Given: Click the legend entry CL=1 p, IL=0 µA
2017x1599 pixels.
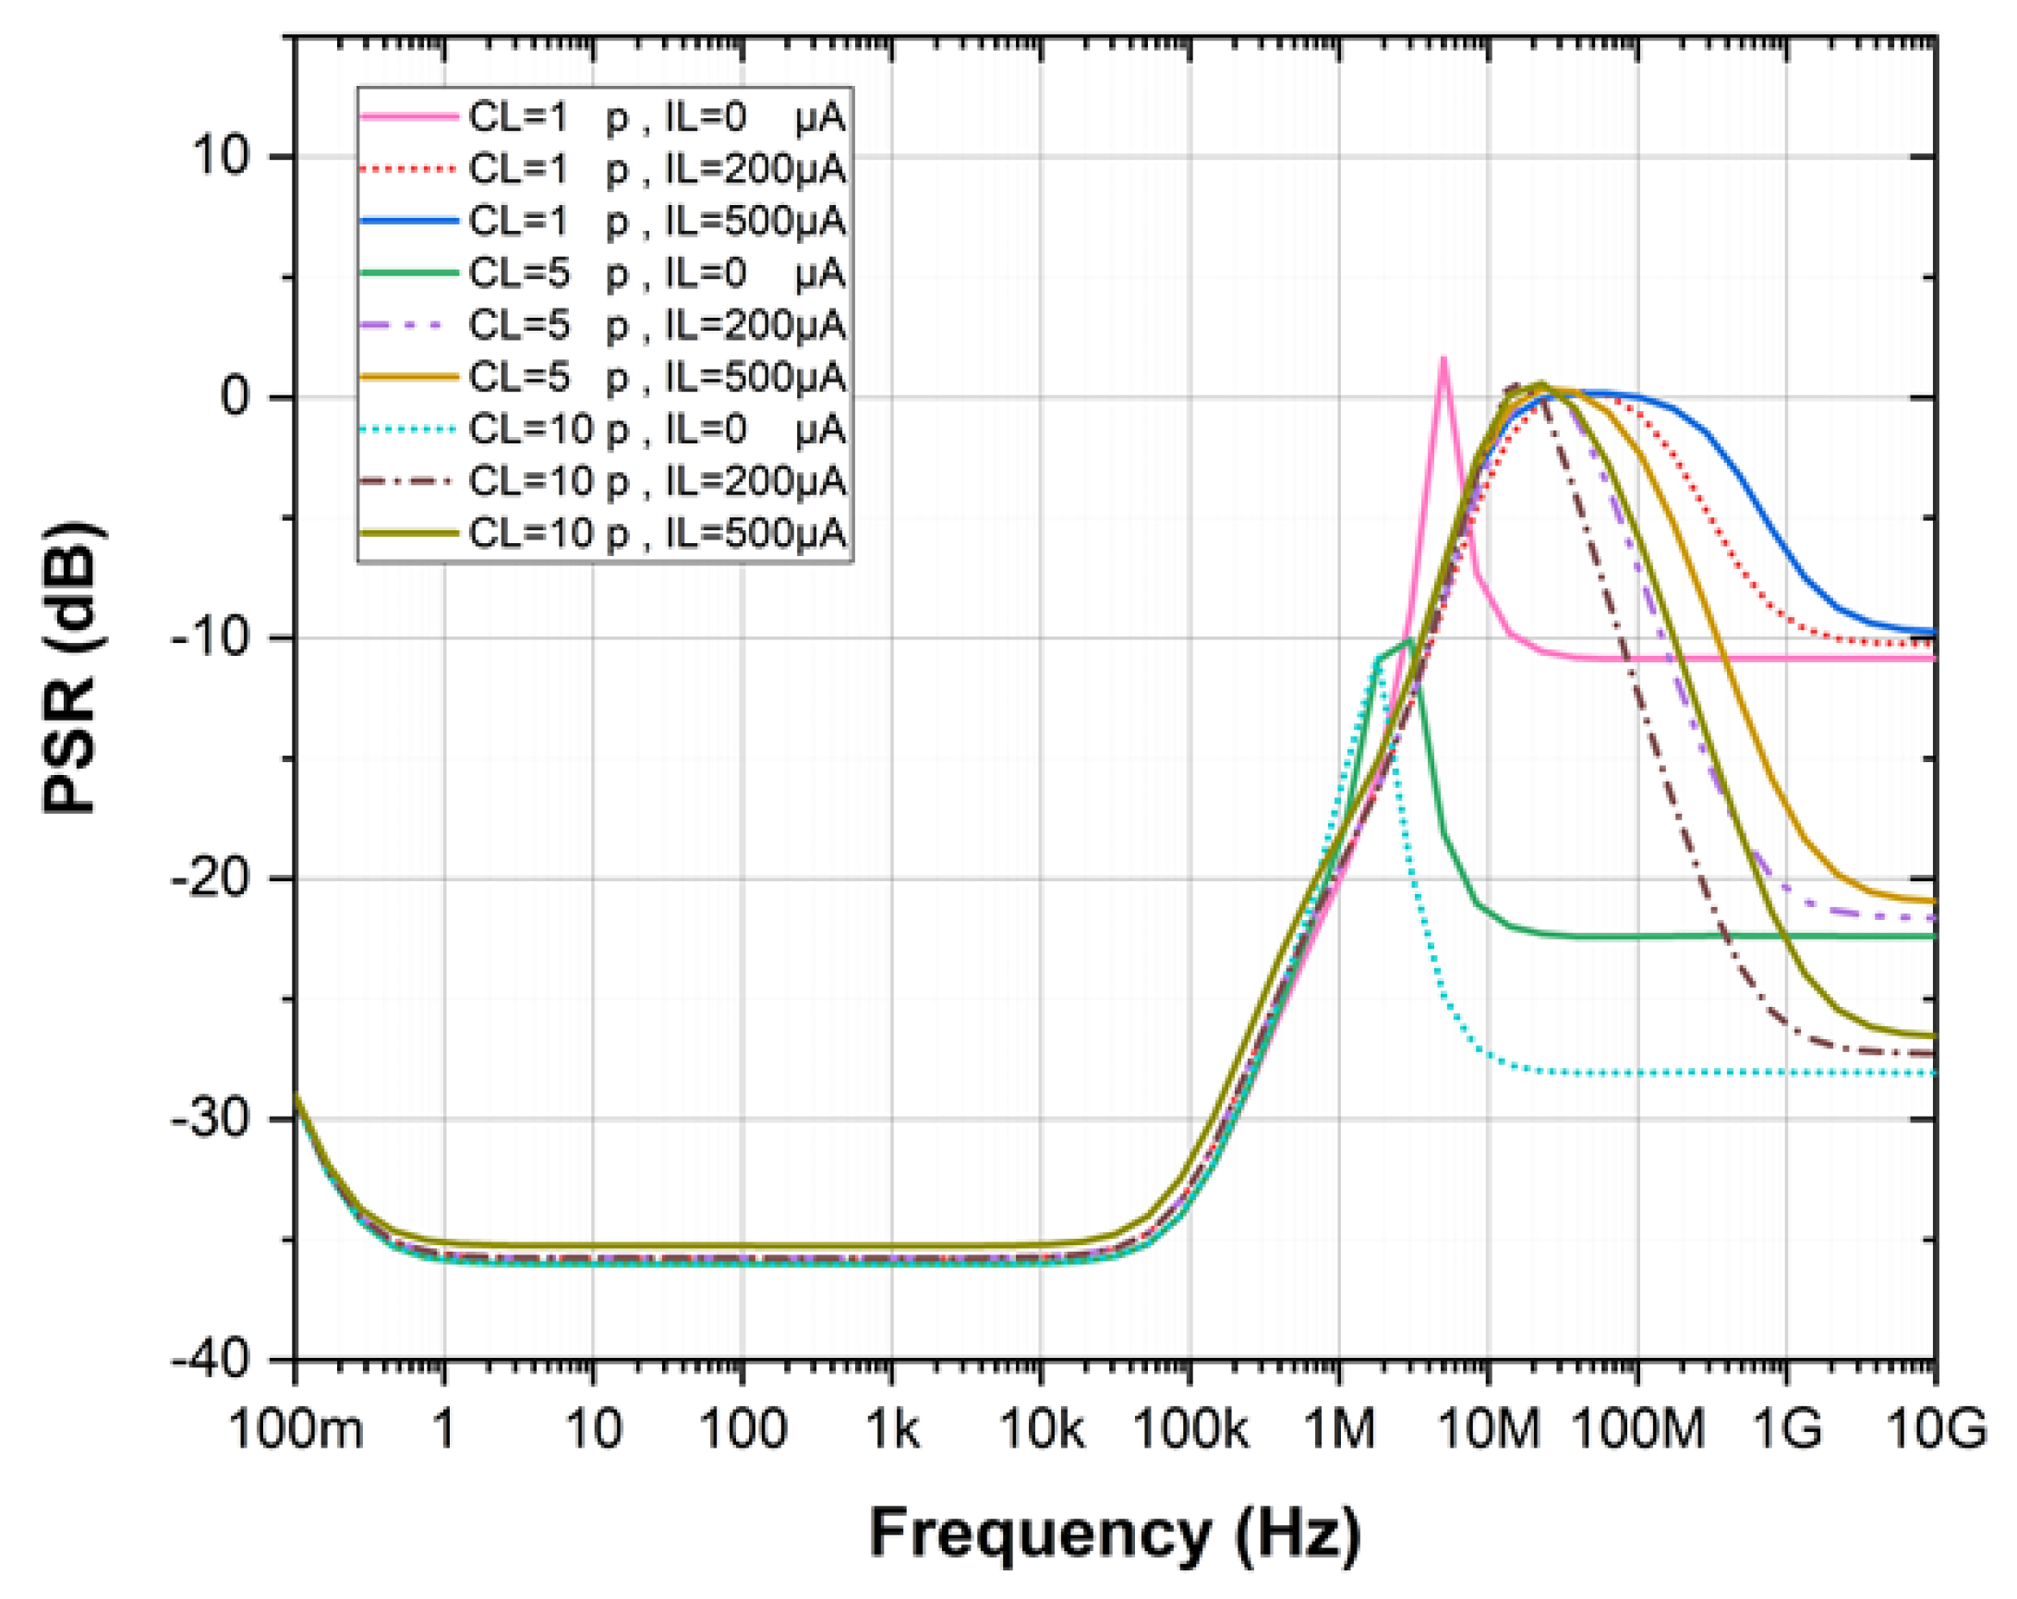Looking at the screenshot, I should point(656,118).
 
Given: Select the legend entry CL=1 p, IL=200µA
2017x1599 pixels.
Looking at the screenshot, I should point(656,169).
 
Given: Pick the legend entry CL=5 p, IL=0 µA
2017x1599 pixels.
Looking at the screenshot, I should point(656,273).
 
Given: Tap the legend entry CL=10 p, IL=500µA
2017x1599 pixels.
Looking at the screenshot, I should point(656,533).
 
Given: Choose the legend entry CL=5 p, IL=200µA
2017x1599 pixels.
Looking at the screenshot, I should point(656,325).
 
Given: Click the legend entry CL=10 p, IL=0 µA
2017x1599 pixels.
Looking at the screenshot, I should point(656,430).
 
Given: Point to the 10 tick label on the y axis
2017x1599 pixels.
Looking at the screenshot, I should point(222,156).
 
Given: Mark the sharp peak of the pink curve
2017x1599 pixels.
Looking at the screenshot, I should point(1443,358).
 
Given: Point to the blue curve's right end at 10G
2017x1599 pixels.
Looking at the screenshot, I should point(1934,633).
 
